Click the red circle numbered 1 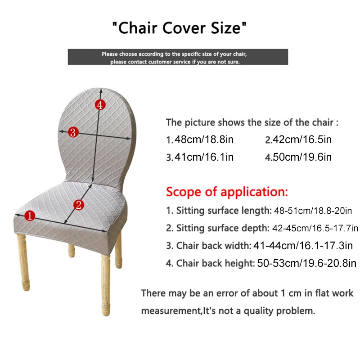click(x=30, y=216)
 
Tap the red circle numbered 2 click(x=79, y=205)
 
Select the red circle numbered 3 click(x=73, y=132)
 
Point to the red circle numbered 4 click(x=100, y=105)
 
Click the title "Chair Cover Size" click(x=179, y=28)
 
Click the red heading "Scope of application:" click(x=227, y=192)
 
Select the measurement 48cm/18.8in click(x=204, y=139)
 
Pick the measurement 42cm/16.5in click(x=302, y=139)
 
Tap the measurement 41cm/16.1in click(x=204, y=157)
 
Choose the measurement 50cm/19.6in click(x=302, y=157)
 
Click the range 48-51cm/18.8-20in click(x=313, y=211)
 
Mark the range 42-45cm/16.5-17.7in click(x=315, y=228)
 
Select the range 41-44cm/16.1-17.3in click(x=303, y=246)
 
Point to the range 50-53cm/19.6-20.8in click(x=307, y=263)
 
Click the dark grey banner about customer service click(x=178, y=57)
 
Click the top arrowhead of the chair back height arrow click(x=101, y=90)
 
